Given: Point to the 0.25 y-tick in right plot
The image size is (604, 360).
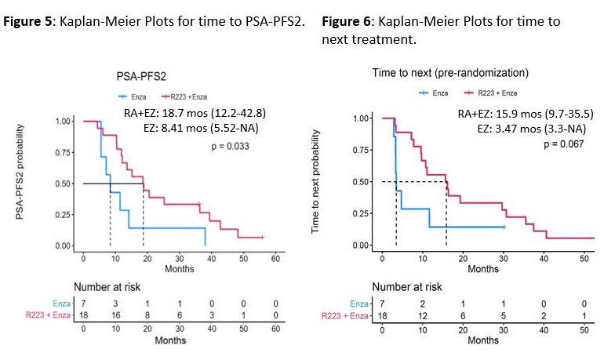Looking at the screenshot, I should coord(362,213).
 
